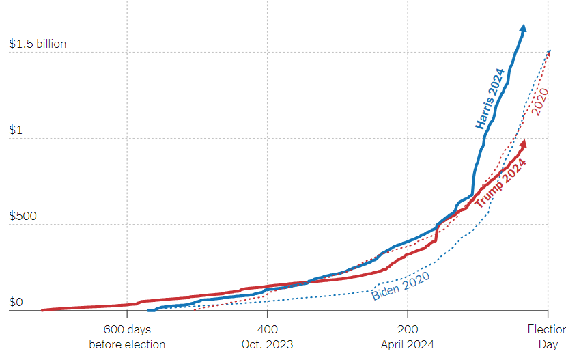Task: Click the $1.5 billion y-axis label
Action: coord(38,44)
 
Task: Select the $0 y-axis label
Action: coord(16,302)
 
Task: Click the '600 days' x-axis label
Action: coord(127,329)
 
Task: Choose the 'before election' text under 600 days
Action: coord(127,344)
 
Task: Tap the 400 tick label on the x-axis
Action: coord(268,329)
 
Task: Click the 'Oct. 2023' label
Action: coord(268,344)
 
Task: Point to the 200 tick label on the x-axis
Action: coord(408,329)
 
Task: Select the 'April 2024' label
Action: coord(408,344)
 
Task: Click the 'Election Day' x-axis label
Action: coord(547,337)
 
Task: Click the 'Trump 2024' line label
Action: coord(501,183)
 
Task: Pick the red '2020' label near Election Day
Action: coord(541,101)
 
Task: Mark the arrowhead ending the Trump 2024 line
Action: coord(524,143)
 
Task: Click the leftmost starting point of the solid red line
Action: coord(42,310)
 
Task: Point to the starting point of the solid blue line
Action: coord(148,310)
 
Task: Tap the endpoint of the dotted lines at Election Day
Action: coord(550,51)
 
